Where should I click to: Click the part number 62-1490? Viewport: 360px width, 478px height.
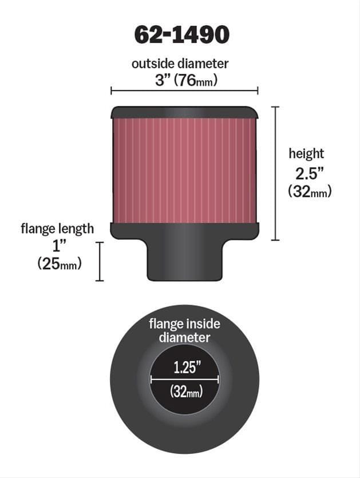[181, 35]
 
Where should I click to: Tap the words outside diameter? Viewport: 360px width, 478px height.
[180, 64]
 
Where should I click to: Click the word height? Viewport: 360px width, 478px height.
[306, 153]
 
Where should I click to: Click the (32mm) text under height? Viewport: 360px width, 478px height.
[310, 192]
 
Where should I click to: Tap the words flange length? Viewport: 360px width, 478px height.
[57, 229]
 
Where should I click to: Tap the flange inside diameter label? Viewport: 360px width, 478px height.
[184, 330]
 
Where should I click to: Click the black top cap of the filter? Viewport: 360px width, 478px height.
[184, 112]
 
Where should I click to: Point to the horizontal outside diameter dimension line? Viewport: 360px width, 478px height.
[184, 90]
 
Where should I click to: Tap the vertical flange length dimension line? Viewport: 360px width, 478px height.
[100, 261]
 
